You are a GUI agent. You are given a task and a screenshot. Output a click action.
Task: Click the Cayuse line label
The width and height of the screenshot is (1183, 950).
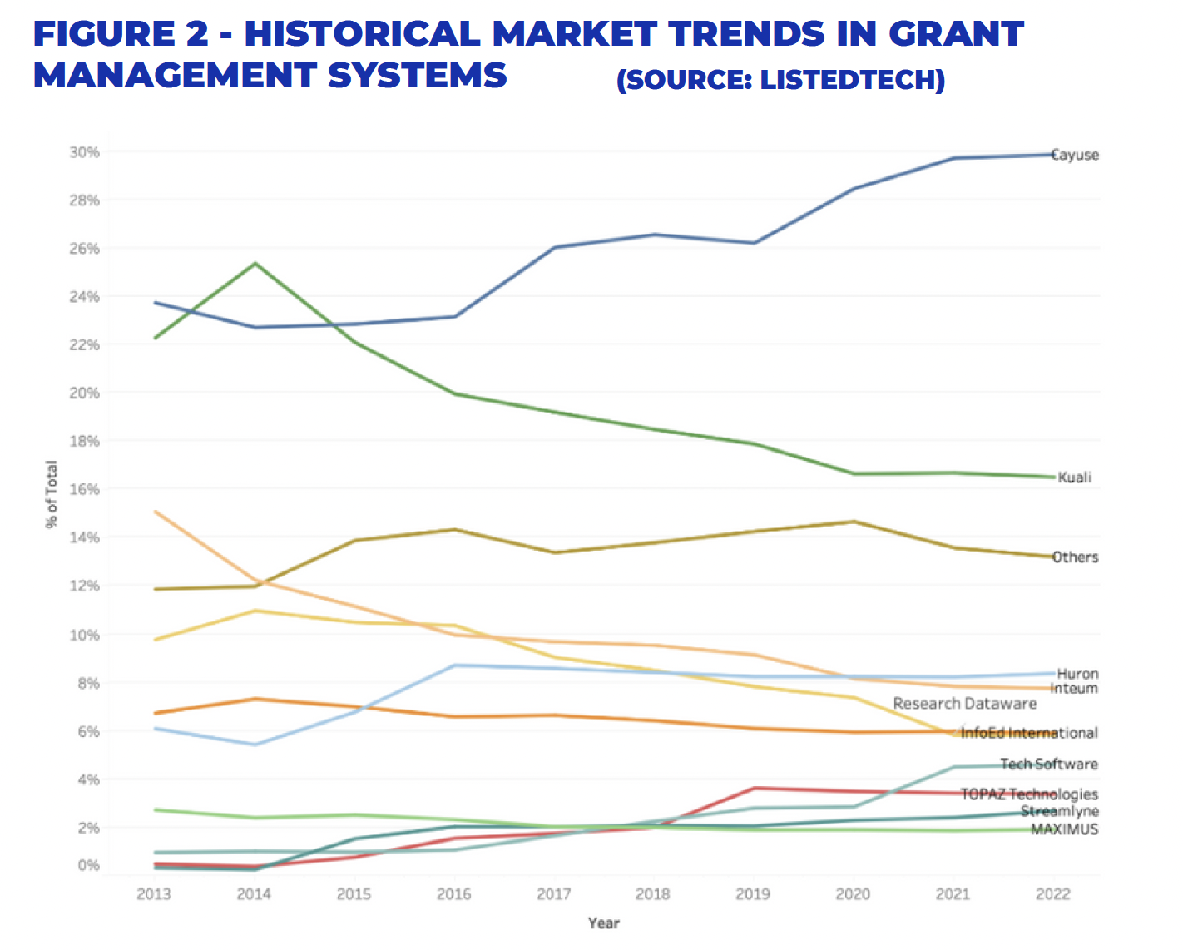(x=1075, y=156)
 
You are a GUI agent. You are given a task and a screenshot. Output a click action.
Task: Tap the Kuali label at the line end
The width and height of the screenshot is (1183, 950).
(x=1074, y=477)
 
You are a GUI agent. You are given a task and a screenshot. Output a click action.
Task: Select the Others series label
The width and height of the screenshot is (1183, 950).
(x=1075, y=557)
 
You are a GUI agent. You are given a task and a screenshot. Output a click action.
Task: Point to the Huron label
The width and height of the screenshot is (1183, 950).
(x=1077, y=674)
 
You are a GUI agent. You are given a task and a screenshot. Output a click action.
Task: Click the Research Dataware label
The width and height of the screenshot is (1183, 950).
(x=965, y=704)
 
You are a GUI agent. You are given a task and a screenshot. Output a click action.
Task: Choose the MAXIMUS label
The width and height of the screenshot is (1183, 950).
(x=1064, y=829)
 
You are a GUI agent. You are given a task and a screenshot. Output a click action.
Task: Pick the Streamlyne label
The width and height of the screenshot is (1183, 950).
(x=1060, y=811)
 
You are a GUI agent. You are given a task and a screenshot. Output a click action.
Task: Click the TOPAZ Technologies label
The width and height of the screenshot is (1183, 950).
(x=1029, y=794)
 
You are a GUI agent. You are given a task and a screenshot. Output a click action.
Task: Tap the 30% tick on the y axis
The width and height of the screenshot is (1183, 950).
(x=84, y=152)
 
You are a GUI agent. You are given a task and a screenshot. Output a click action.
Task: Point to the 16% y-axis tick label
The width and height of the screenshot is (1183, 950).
(x=84, y=489)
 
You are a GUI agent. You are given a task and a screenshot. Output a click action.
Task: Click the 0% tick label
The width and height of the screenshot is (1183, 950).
(x=88, y=866)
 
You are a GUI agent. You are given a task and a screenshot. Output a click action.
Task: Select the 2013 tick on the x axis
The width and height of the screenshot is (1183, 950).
(x=154, y=894)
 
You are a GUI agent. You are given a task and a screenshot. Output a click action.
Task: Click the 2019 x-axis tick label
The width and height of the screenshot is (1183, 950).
(x=753, y=894)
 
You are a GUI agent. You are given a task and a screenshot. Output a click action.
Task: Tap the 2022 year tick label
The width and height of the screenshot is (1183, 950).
(x=1052, y=894)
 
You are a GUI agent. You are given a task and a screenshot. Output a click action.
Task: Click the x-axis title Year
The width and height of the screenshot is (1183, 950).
(x=603, y=923)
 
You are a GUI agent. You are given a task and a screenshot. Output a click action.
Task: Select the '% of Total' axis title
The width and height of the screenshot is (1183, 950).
(x=52, y=494)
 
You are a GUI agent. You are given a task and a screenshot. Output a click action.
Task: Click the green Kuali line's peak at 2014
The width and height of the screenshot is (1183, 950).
(x=255, y=264)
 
